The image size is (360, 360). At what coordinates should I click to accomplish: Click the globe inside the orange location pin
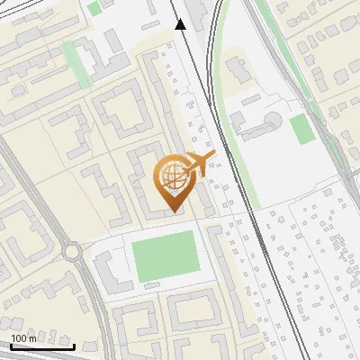coord(173,176)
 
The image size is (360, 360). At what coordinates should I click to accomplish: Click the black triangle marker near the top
coord(181,25)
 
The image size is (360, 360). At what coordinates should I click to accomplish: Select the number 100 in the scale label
coord(20,338)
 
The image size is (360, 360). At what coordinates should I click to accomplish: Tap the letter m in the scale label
coord(33,338)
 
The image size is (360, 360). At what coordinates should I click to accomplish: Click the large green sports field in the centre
coord(165,255)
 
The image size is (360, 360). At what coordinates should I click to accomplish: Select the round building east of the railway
coord(274,121)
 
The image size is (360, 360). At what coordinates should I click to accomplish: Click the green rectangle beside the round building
coord(302,129)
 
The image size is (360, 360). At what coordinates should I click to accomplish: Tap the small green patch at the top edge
coord(94,7)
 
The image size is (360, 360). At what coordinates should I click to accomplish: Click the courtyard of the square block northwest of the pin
coord(120,112)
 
